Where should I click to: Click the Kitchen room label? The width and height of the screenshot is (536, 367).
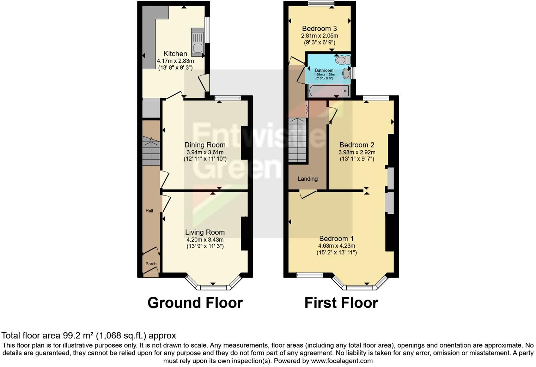click(175, 54)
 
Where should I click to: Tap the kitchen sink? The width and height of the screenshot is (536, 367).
click(197, 42)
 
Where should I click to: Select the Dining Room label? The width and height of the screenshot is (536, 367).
click(205, 145)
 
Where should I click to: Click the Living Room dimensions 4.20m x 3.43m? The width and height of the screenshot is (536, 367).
click(205, 240)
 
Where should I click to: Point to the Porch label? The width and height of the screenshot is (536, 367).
click(151, 264)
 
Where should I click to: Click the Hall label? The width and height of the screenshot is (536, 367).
click(150, 211)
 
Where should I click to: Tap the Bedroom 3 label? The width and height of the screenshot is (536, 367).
click(319, 29)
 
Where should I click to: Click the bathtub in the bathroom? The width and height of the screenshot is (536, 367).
click(328, 91)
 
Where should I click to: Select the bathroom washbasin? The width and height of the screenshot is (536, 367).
click(346, 73)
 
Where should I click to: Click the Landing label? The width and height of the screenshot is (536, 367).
click(307, 179)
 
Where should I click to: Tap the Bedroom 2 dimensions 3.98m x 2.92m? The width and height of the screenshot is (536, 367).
click(357, 152)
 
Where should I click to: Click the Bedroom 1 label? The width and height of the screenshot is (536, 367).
click(336, 239)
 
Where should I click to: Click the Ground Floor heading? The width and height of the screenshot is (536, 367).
click(195, 303)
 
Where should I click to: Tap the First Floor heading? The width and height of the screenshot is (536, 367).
click(341, 303)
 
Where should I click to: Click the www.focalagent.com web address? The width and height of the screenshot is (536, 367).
click(341, 361)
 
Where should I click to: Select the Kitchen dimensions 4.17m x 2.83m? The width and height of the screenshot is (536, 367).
click(175, 61)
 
